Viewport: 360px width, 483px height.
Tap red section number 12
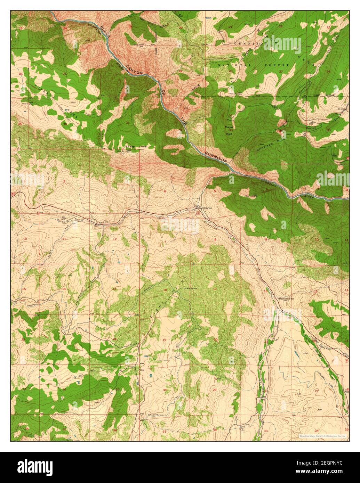pyautogui.click(x=115, y=239)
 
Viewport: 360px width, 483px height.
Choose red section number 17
pyautogui.click(x=215, y=289)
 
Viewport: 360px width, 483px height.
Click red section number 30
pyautogui.click(x=165, y=391)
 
